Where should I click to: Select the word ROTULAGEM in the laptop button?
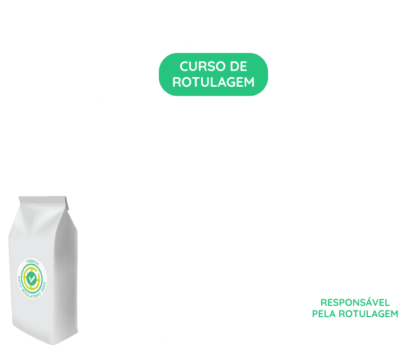pos(213,82)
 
